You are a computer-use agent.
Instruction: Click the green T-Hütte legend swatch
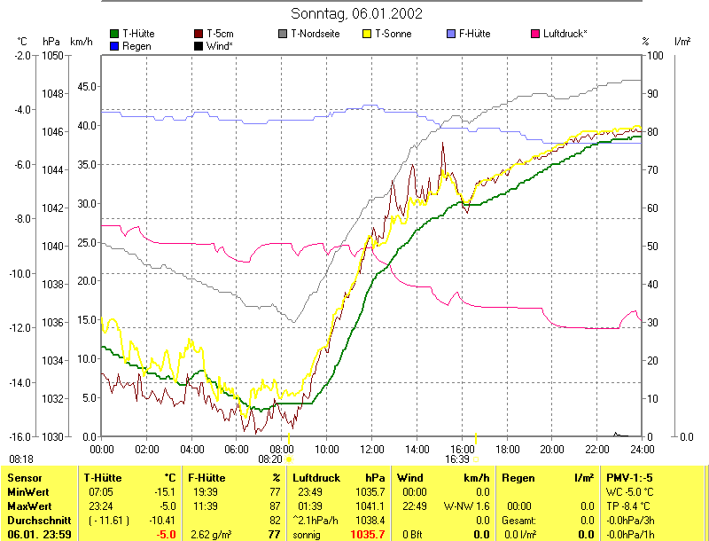click(x=114, y=34)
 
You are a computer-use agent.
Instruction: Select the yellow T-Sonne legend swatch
click(x=369, y=34)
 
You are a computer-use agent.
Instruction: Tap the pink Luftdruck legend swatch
click(x=535, y=34)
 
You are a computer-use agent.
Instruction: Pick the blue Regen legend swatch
click(x=114, y=45)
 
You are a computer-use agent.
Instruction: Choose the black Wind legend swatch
click(x=199, y=45)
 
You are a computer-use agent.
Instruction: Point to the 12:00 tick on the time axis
click(x=372, y=450)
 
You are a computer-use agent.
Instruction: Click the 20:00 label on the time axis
click(x=552, y=450)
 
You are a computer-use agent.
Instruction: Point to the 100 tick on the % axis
click(x=656, y=55)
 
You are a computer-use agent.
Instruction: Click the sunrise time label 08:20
click(x=270, y=459)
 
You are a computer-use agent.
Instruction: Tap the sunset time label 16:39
click(x=457, y=459)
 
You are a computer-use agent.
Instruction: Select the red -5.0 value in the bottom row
click(x=166, y=535)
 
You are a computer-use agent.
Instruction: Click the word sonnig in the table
click(x=307, y=535)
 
